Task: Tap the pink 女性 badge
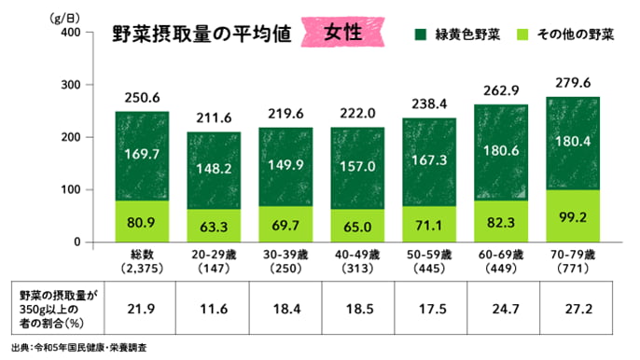346,32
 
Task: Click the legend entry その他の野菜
571,35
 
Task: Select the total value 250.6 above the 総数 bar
142,98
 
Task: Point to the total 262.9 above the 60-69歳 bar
501,91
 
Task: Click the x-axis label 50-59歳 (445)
429,260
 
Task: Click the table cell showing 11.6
214,306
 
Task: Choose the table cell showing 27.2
573,306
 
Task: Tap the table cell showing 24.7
501,306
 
